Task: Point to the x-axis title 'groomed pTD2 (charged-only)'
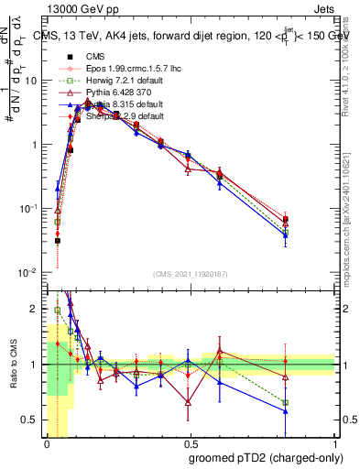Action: click(262, 458)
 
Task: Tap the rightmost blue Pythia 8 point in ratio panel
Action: click(286, 411)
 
